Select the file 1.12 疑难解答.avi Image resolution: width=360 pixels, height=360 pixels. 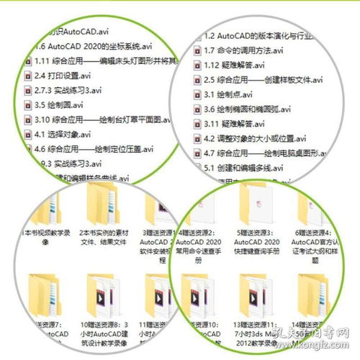(x=238, y=65)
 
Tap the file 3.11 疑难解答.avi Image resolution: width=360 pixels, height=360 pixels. (x=238, y=125)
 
